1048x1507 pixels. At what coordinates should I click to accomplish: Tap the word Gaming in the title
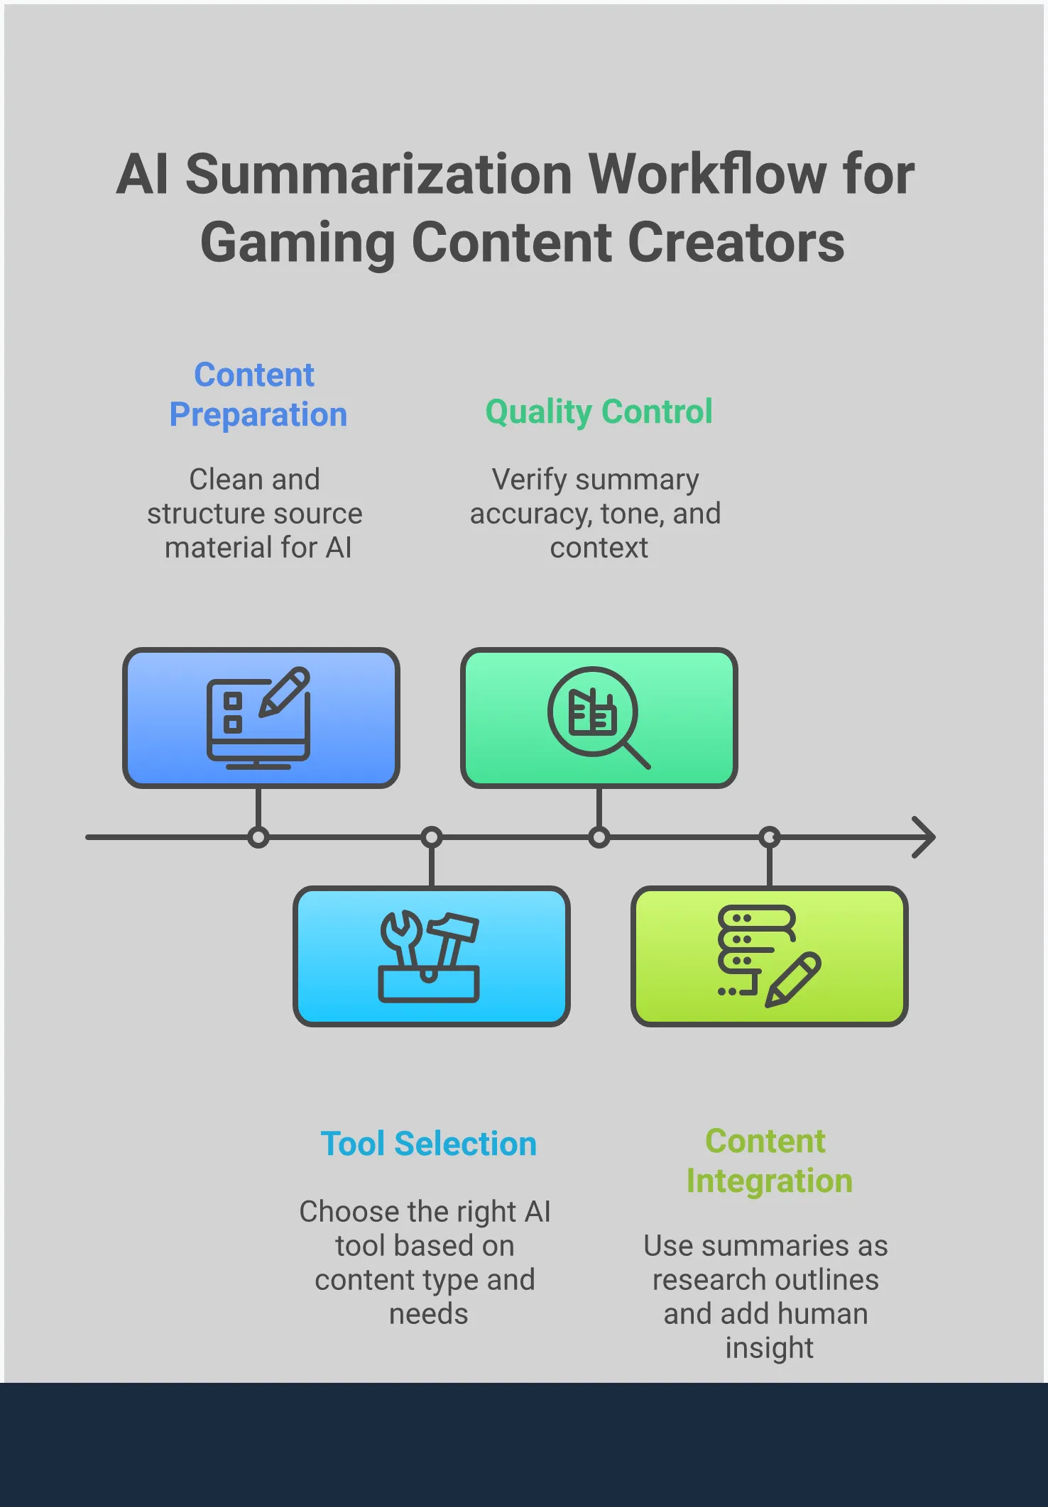tap(298, 243)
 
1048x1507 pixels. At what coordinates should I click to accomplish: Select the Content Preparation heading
tap(257, 394)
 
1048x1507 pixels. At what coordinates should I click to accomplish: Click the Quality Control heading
tap(599, 412)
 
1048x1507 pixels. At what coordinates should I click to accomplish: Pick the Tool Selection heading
tap(428, 1144)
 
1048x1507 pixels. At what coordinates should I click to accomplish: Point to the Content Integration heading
tap(768, 1161)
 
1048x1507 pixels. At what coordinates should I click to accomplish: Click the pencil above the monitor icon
tap(285, 690)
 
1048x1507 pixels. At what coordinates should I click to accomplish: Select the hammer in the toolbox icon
tap(452, 937)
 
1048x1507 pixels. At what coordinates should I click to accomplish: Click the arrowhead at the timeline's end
tap(924, 837)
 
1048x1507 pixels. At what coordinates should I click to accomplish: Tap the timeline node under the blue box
tap(258, 837)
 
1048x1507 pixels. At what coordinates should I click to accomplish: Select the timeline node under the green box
tap(599, 837)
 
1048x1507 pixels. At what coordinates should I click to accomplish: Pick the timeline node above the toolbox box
tap(431, 837)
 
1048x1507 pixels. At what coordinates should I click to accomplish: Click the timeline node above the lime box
tap(769, 837)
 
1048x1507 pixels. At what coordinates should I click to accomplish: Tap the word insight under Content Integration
tap(769, 1347)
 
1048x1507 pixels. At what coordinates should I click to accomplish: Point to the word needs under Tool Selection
tap(428, 1313)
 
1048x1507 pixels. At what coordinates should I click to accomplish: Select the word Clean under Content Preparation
tap(226, 480)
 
